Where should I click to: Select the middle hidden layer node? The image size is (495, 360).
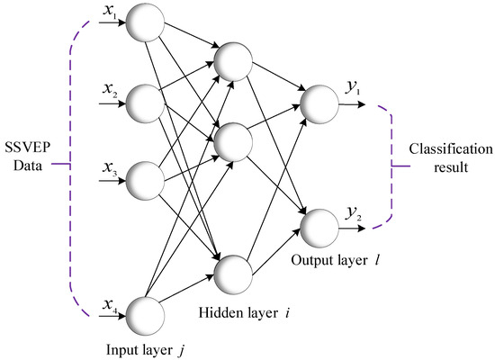[232, 141]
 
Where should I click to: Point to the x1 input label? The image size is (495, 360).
[111, 12]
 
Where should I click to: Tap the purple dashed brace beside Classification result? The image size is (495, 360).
[389, 162]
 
